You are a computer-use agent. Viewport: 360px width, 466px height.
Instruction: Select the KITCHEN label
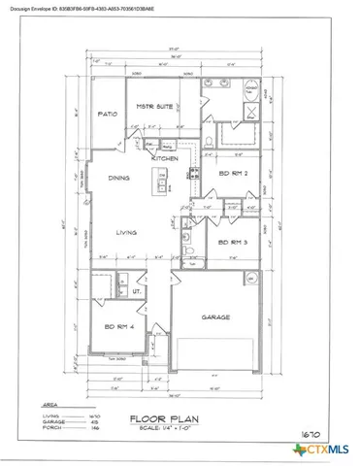[x=165, y=157]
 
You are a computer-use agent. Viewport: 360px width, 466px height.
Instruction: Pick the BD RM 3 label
[x=234, y=241]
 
